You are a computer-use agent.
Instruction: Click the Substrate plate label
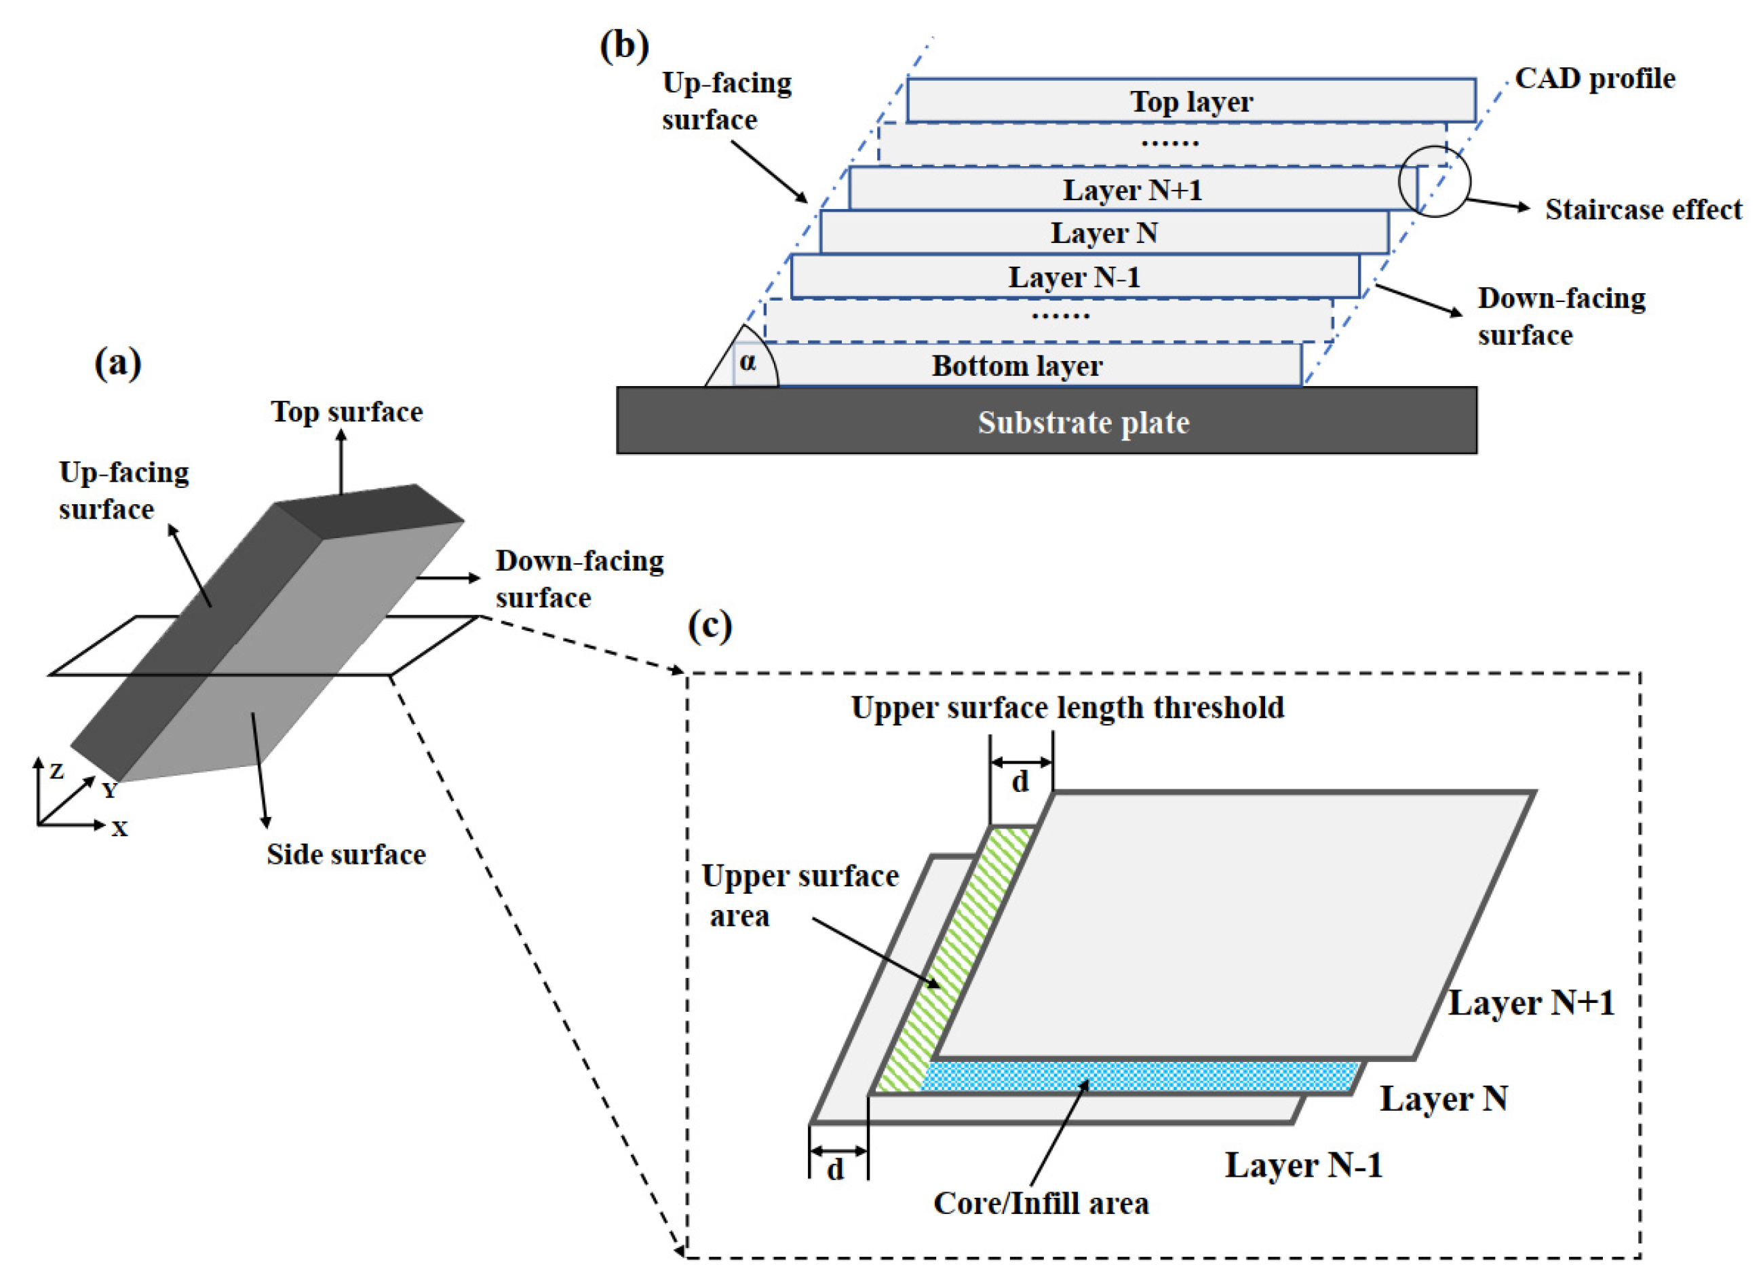click(1083, 423)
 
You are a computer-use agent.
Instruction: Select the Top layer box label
click(1191, 101)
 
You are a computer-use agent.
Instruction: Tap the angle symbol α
click(748, 362)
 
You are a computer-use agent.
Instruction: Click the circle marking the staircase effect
click(1433, 182)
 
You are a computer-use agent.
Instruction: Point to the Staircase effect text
click(1643, 210)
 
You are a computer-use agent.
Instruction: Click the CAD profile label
click(1595, 79)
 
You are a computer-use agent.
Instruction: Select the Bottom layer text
click(1016, 366)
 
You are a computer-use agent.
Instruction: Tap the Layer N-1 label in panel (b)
click(1073, 278)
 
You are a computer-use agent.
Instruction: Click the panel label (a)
click(117, 363)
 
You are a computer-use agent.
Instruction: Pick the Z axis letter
click(56, 772)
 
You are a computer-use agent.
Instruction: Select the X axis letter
click(119, 829)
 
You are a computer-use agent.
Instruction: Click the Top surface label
click(347, 412)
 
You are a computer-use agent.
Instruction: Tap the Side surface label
click(346, 854)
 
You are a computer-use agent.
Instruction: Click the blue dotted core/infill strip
click(1138, 1076)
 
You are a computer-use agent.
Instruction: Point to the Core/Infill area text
click(1041, 1204)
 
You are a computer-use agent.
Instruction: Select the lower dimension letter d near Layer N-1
click(835, 1169)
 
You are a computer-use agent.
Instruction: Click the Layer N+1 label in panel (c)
click(1531, 1004)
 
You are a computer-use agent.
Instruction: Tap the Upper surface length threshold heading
click(1067, 708)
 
